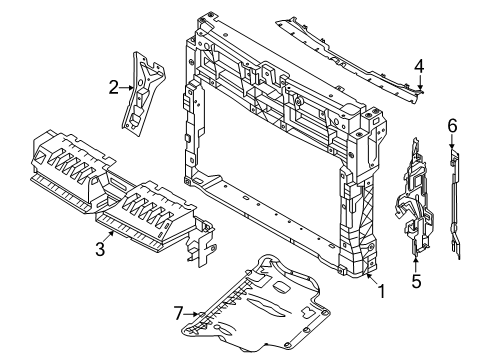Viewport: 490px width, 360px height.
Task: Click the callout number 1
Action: coord(382,291)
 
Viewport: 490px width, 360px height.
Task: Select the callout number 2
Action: coord(114,87)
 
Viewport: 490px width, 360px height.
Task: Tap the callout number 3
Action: coord(100,249)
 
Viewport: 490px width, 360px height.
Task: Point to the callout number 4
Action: coord(419,66)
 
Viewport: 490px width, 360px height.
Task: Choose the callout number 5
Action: coord(416,281)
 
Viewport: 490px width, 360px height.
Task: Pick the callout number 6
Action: coord(452,126)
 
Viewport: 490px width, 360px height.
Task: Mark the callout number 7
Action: coord(179,314)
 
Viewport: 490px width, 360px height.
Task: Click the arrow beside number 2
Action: coord(127,88)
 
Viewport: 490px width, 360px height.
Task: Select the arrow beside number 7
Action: coord(192,314)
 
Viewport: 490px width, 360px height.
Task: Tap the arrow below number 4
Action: coord(420,83)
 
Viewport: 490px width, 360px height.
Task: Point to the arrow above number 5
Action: coord(416,264)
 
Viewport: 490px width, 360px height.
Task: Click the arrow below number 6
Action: coord(452,142)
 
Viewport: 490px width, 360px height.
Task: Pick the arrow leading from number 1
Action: coord(372,279)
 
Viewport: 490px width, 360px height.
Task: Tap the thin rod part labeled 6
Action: coord(455,204)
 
